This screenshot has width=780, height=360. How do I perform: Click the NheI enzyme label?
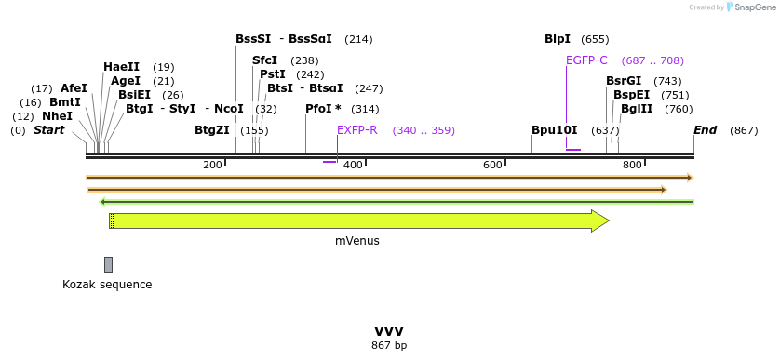click(x=57, y=116)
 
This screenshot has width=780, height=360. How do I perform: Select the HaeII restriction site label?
click(x=121, y=67)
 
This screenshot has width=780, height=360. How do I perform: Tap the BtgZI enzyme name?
click(x=211, y=130)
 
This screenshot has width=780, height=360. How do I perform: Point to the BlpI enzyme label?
click(x=558, y=39)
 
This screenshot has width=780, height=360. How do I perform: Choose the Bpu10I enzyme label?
click(x=555, y=130)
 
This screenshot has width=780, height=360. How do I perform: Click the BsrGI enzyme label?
click(x=624, y=81)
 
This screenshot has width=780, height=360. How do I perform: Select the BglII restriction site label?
click(x=638, y=109)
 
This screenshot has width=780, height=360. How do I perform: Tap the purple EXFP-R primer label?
click(x=357, y=130)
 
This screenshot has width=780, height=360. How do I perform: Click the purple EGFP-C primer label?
click(x=586, y=60)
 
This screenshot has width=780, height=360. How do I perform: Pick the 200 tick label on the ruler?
click(x=212, y=165)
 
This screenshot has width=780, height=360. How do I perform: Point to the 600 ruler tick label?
click(x=492, y=165)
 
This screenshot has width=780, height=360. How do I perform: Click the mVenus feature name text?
click(x=357, y=240)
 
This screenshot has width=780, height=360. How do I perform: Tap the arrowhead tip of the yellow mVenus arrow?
click(x=608, y=220)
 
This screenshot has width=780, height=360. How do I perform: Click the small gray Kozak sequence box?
click(x=109, y=264)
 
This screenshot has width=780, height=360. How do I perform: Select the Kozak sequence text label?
click(x=107, y=285)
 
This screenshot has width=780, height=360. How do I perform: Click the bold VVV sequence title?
click(x=389, y=331)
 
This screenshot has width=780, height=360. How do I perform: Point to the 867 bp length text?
click(x=389, y=346)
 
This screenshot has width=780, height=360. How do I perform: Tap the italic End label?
click(x=705, y=130)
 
